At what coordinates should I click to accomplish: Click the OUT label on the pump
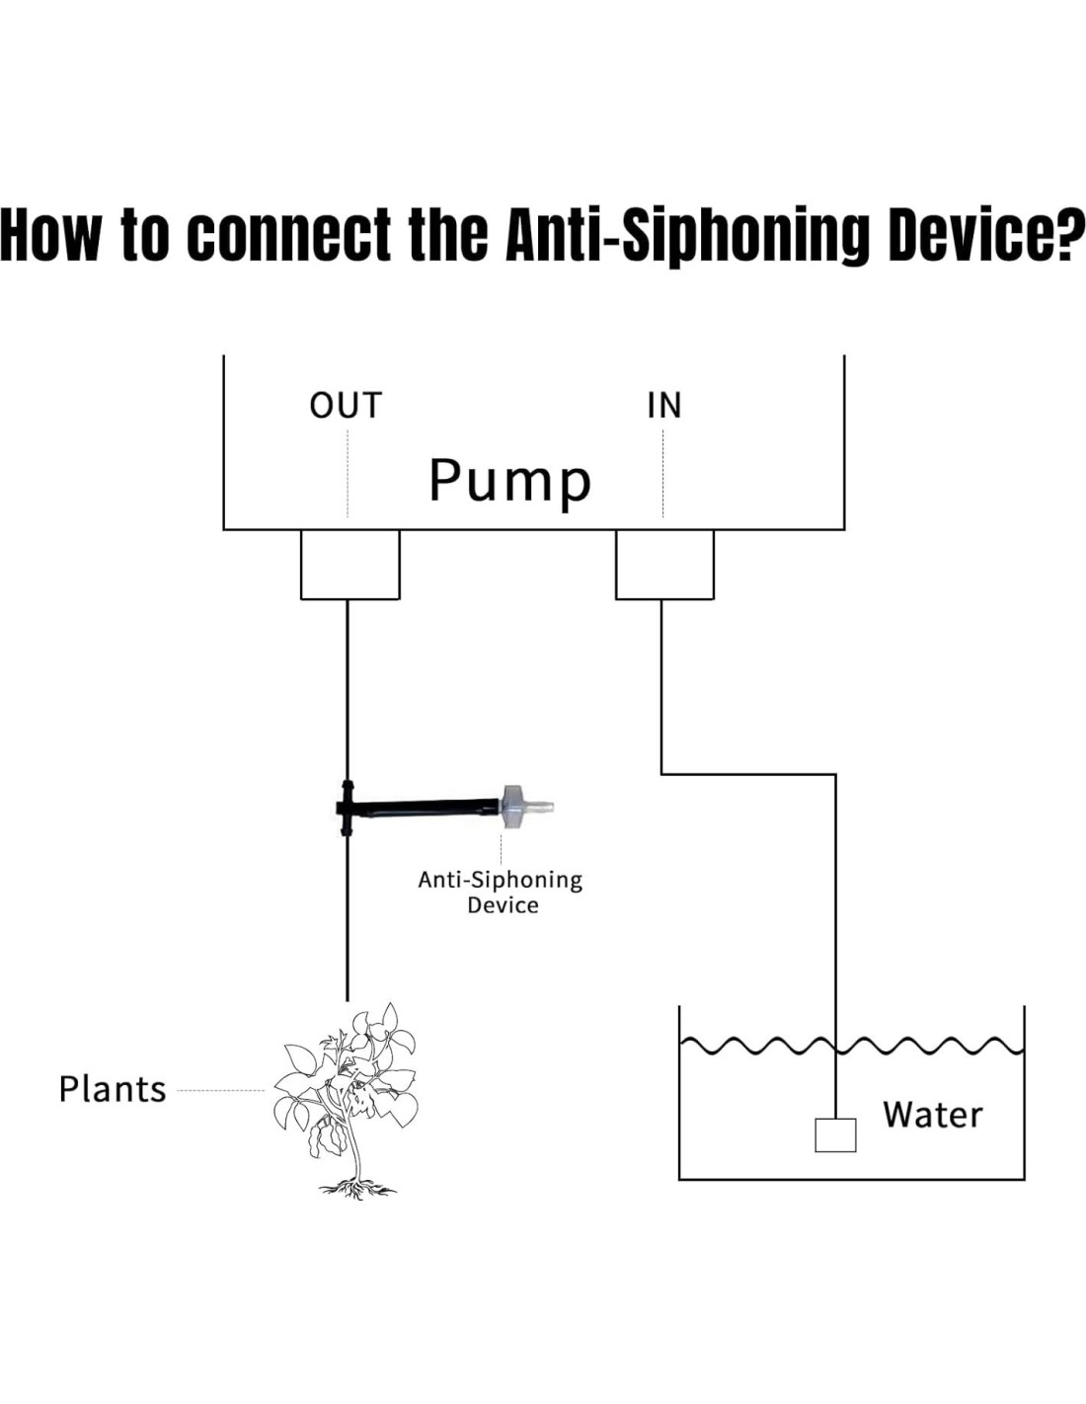(345, 406)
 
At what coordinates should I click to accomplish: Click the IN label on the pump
(663, 406)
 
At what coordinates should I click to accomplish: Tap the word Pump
(509, 481)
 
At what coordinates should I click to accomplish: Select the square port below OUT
(349, 564)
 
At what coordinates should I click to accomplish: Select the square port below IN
(664, 564)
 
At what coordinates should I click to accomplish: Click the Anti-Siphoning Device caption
(501, 892)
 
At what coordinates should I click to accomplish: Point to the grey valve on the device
(513, 806)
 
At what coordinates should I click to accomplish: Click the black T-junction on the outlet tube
(346, 808)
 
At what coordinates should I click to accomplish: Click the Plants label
(113, 1089)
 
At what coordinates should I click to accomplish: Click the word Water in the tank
(933, 1115)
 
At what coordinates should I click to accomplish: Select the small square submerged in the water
(835, 1134)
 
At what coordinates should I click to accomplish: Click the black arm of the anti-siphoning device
(425, 807)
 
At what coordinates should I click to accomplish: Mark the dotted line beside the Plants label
(220, 1091)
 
